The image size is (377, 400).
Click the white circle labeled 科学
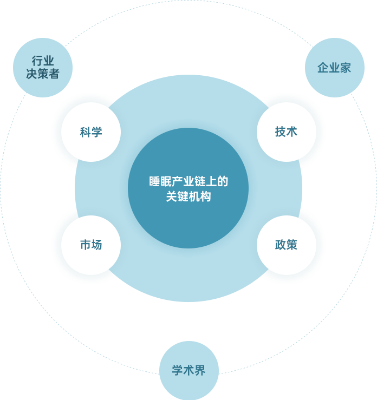[x=90, y=132]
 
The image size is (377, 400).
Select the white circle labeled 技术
[x=286, y=132]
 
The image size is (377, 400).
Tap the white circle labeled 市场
[x=90, y=245]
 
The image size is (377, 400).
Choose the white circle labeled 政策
[x=286, y=245]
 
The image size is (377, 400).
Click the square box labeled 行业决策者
[x=42, y=67]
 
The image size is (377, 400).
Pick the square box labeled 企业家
[x=334, y=67]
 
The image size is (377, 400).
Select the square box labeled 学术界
[x=188, y=370]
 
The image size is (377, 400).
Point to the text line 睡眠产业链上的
[x=188, y=182]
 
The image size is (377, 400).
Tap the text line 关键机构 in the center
[x=188, y=196]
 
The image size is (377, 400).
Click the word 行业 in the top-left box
[x=43, y=61]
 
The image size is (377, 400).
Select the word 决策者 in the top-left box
[x=43, y=74]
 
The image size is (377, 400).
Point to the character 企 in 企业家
[x=323, y=68]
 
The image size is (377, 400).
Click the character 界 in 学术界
[x=200, y=371]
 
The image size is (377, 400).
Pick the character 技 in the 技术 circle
[x=280, y=132]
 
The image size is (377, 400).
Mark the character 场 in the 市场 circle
[x=96, y=245]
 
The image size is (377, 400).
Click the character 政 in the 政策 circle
[x=280, y=245]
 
